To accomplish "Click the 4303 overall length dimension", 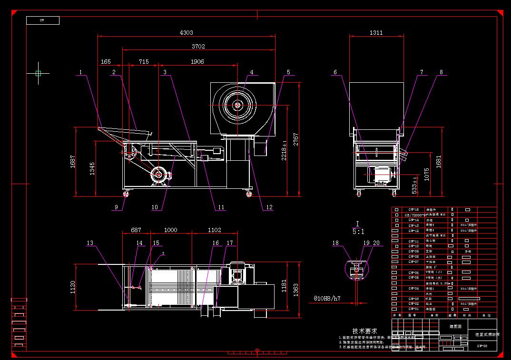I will pos(186,32).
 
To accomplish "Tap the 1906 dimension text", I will pos(197,61).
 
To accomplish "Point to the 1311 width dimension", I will pos(376,32).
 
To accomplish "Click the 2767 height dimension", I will pos(296,139).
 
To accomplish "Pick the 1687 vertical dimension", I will pos(72,162).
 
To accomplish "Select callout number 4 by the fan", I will pos(252,72).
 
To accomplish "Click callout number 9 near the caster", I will pos(116,207).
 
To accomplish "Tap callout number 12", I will pos(269,207).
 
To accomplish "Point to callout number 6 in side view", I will pos(335,72).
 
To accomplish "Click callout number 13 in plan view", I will pos(90,243).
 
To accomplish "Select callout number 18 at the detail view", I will pos(336,243).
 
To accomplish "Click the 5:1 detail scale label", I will pos(358,232).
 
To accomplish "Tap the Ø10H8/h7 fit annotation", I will pos(327,299).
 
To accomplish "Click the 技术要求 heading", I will pos(365,330).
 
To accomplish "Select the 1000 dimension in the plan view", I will pos(170,230).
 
